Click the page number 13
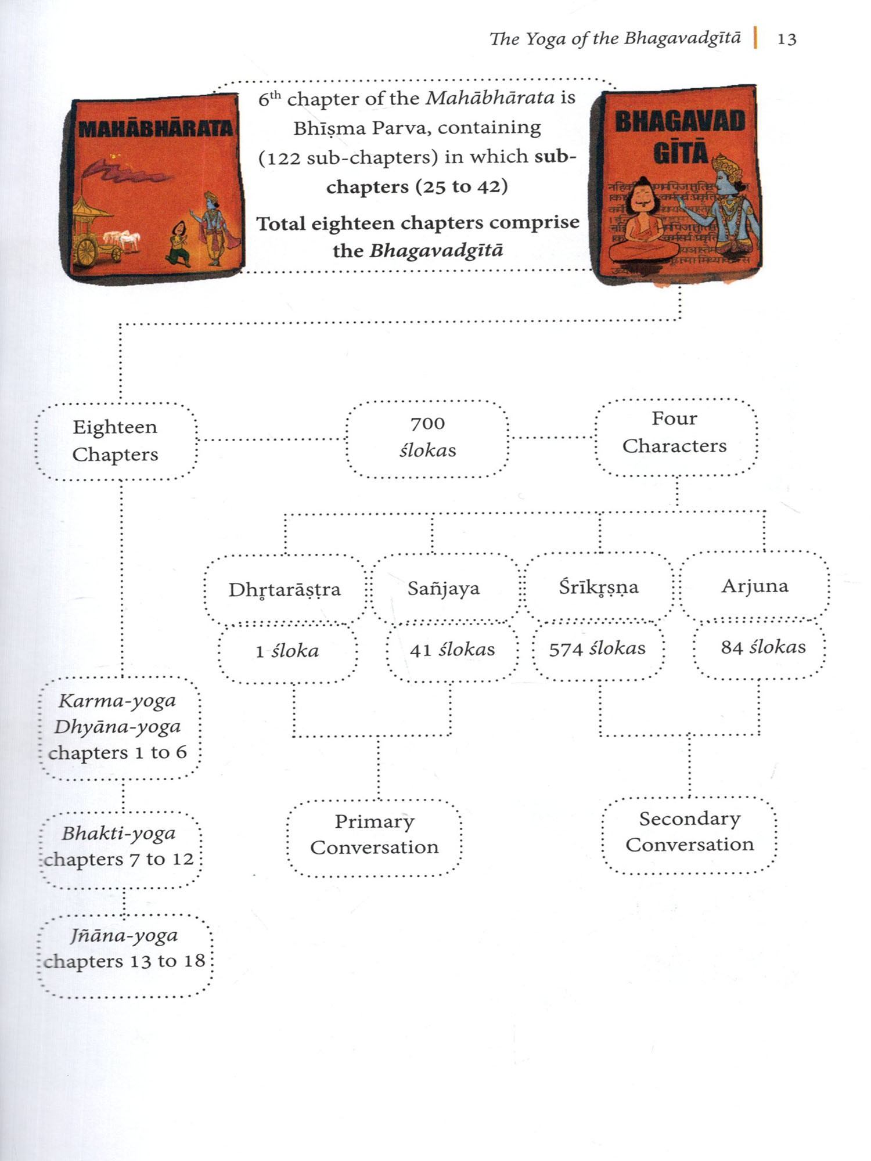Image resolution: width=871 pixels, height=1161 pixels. point(787,39)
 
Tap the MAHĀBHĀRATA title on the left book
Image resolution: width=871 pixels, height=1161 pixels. point(155,128)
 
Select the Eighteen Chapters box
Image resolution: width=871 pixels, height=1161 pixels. point(116,441)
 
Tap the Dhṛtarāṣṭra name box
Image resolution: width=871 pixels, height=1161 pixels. point(285,590)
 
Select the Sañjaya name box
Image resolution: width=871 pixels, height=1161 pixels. point(444,588)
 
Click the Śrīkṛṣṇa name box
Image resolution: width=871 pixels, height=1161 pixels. point(599,587)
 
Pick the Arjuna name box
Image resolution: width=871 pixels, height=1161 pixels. point(755,586)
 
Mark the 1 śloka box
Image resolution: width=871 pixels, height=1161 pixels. point(287,651)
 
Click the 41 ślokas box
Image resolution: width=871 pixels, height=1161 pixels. point(452,650)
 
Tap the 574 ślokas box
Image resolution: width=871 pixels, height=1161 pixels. point(598,648)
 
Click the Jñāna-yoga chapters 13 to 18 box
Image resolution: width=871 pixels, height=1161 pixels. point(124,949)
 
